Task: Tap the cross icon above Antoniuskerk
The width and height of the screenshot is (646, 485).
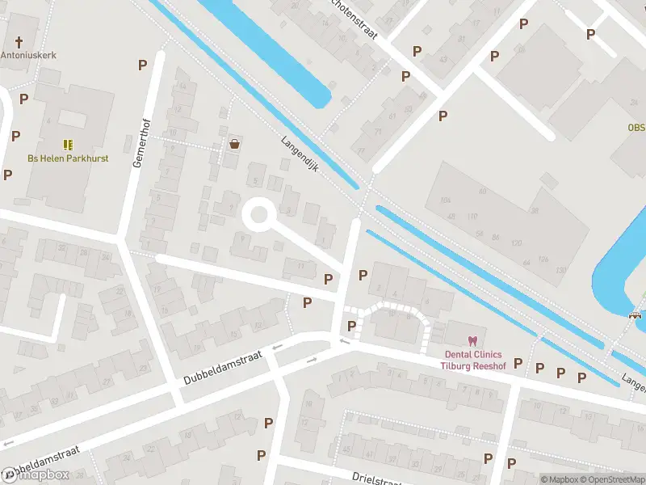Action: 18,40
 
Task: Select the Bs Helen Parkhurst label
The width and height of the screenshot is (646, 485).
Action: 68,158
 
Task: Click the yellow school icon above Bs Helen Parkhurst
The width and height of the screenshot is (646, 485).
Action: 68,145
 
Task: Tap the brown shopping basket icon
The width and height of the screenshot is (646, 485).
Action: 234,144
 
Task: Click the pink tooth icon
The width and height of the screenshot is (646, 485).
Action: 472,342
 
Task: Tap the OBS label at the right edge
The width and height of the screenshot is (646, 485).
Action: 636,128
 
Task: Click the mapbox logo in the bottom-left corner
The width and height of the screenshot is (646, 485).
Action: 36,474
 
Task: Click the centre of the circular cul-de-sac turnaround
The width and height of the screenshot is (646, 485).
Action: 258,215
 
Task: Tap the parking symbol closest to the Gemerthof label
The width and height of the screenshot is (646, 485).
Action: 143,65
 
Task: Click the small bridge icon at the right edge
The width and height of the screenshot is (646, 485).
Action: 636,316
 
